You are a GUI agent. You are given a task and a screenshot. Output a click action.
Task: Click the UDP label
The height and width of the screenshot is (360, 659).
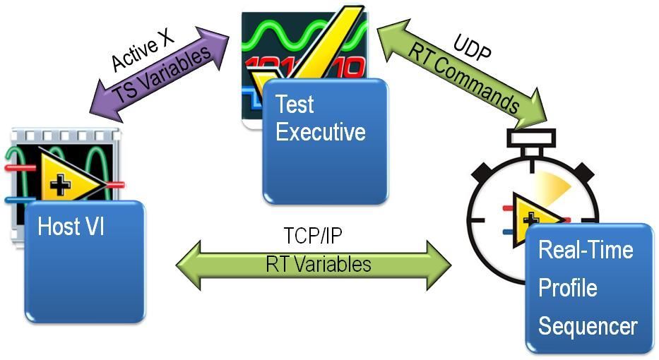pos(472,49)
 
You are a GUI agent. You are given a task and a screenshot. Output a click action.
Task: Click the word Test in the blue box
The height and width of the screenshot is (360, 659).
pos(295,104)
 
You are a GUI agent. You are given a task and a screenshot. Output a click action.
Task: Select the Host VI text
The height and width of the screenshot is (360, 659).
pos(71,226)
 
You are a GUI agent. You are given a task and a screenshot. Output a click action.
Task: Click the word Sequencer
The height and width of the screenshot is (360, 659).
pos(588,326)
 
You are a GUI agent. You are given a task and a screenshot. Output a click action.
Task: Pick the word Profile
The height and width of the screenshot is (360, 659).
pos(567,288)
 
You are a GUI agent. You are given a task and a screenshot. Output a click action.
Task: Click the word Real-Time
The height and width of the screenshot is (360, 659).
pos(586,250)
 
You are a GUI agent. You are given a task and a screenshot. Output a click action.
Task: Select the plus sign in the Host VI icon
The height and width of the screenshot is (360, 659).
pos(60,185)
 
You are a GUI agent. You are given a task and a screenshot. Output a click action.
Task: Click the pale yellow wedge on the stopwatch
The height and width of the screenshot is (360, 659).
pos(552,184)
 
